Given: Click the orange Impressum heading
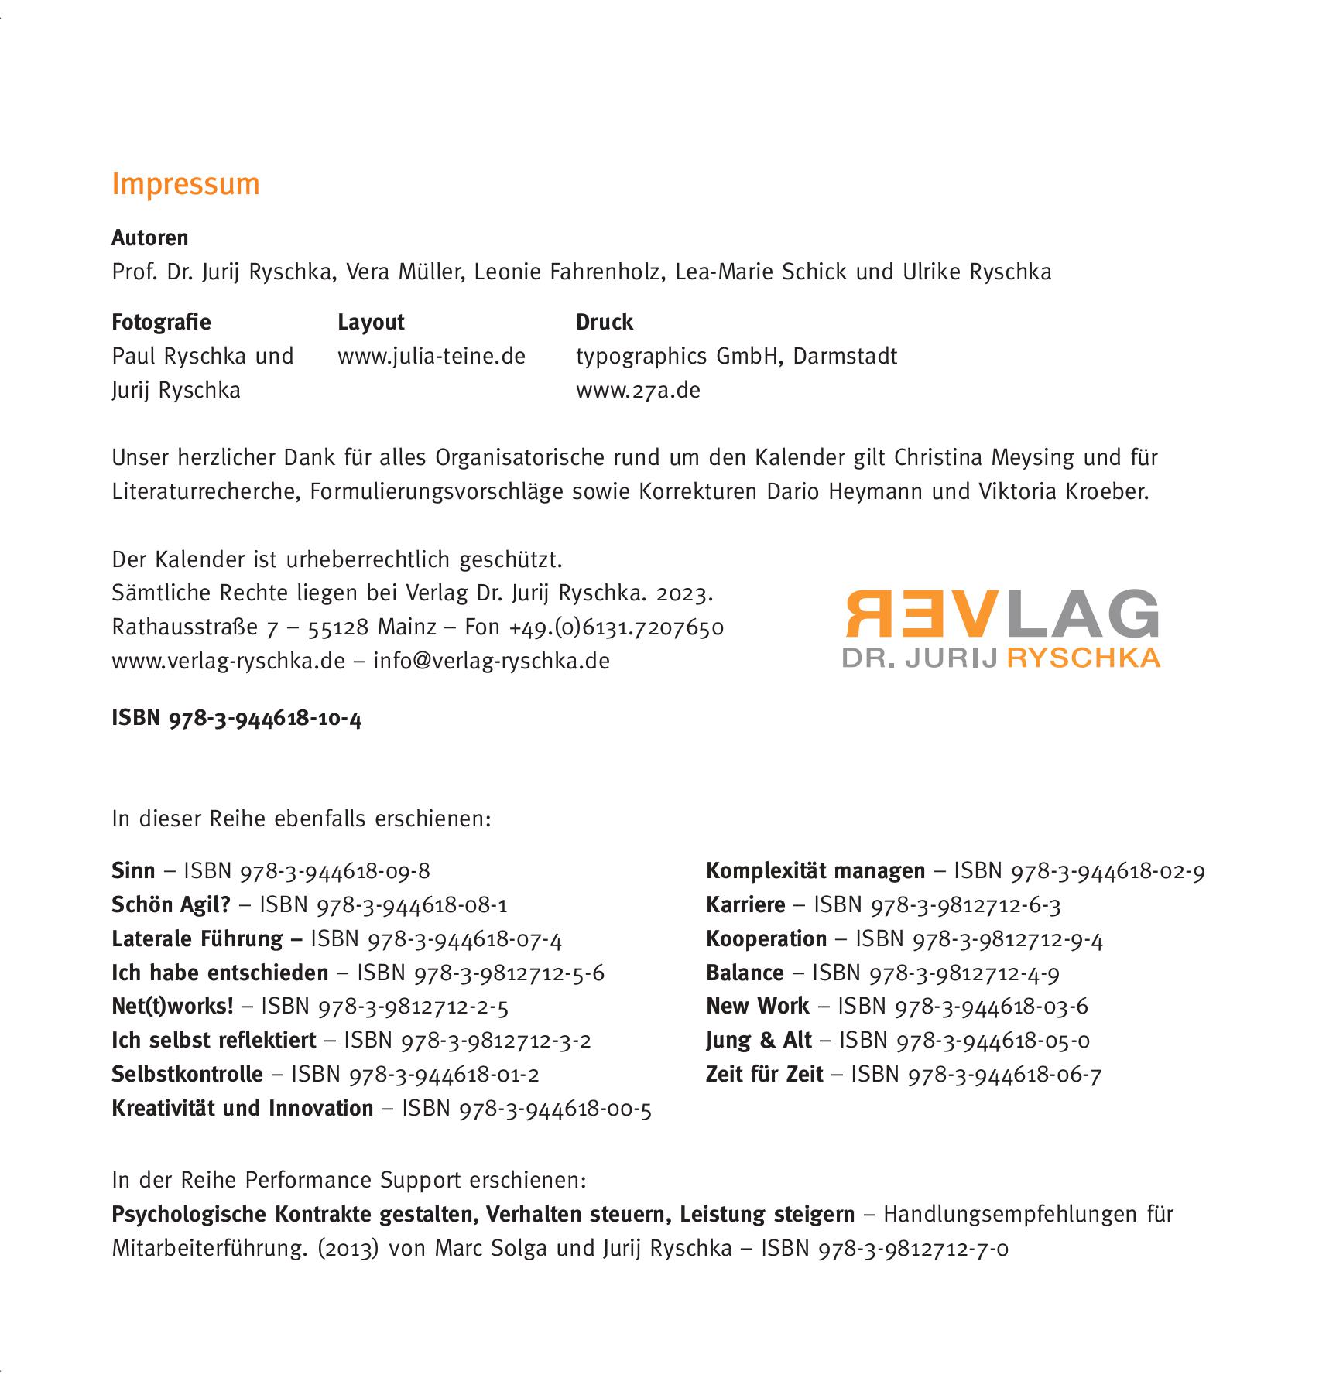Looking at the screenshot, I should click(186, 184).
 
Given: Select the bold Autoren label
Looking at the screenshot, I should click(150, 238).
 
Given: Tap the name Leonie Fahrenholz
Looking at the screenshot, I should click(567, 272).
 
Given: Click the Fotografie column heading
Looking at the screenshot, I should click(161, 322).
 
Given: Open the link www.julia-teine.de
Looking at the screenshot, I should click(431, 356).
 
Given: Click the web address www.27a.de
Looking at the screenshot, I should click(638, 390).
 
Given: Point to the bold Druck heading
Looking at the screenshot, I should click(605, 322).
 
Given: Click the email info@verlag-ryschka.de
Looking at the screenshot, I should click(492, 661).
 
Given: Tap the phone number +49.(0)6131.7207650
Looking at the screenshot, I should click(616, 627).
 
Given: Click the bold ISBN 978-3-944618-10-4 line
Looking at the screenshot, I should click(237, 719).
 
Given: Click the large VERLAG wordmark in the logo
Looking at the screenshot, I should click(1002, 613).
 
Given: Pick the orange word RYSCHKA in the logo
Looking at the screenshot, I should click(1084, 658).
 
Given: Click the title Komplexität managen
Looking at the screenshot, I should click(815, 871).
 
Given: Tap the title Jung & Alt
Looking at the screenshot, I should click(759, 1041).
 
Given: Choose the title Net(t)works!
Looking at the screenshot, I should click(172, 1007).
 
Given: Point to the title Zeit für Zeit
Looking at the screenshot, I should click(764, 1075).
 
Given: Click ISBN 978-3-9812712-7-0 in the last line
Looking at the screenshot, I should click(885, 1249).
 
